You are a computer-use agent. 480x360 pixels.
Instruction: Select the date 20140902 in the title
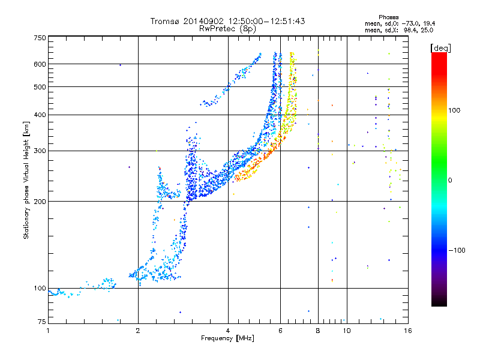[x=203, y=21]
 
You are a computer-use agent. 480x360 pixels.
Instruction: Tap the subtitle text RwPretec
[x=217, y=29]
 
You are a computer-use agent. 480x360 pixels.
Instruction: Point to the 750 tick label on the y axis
[x=40, y=38]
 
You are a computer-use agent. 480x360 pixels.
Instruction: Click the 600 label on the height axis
[x=40, y=64]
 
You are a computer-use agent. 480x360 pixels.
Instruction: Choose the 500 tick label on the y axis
[x=40, y=87]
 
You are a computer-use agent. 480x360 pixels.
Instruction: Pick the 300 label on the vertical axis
[x=40, y=151]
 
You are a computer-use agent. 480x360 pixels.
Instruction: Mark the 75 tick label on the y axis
[x=41, y=322]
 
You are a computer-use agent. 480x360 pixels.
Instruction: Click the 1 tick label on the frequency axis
[x=48, y=331]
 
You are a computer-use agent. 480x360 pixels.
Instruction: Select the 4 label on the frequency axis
[x=228, y=331]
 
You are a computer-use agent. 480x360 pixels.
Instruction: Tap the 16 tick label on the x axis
[x=408, y=331]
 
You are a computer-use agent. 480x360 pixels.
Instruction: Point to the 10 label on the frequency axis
[x=347, y=331]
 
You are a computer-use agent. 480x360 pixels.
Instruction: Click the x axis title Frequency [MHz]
[x=227, y=338]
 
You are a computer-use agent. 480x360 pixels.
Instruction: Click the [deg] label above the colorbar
[x=440, y=48]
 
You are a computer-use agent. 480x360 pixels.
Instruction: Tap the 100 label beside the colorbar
[x=454, y=110]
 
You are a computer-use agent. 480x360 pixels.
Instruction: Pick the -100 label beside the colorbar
[x=457, y=250]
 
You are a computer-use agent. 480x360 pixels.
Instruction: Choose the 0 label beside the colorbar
[x=450, y=180]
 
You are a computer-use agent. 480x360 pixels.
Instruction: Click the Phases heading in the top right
[x=388, y=17]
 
